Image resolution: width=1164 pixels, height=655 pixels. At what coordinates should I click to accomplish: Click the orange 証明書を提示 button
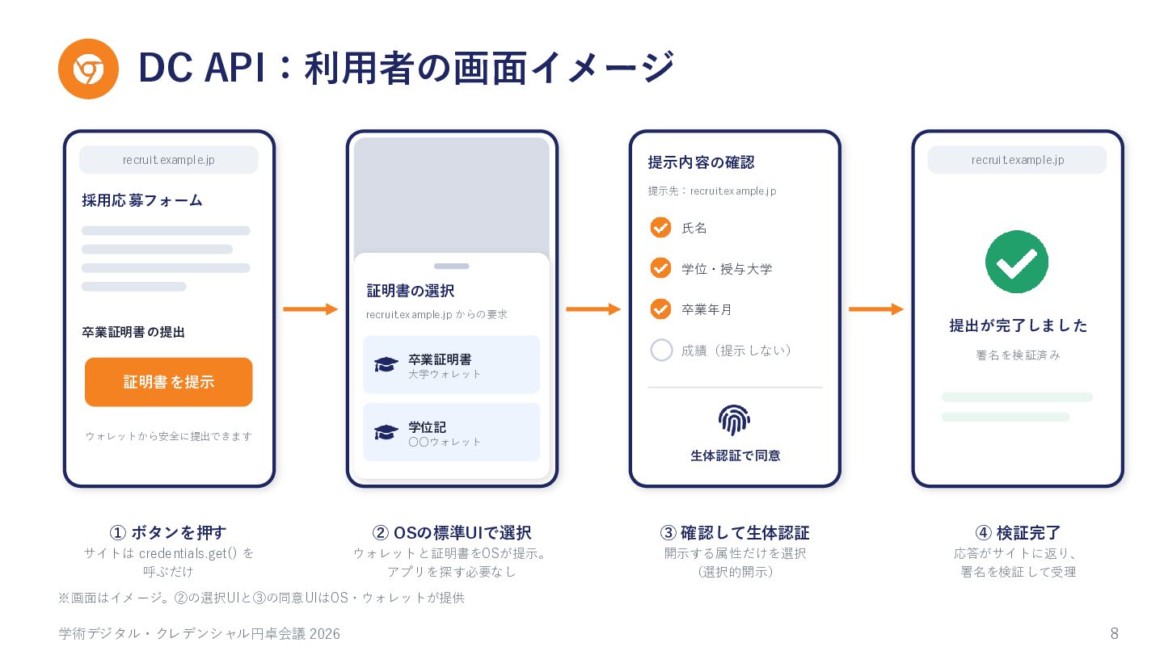[168, 382]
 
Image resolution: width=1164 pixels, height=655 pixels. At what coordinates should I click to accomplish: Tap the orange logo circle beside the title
[88, 69]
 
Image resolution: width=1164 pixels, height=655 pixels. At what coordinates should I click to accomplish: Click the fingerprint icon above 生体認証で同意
[734, 420]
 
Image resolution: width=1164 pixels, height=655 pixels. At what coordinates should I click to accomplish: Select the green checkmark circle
[1016, 262]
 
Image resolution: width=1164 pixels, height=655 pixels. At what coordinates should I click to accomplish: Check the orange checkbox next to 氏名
[660, 227]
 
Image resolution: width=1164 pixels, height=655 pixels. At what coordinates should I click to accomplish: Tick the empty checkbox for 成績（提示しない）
[661, 350]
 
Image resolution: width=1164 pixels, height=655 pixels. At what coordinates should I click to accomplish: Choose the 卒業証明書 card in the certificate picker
[451, 364]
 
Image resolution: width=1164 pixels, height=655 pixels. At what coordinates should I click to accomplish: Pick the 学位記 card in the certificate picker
[451, 432]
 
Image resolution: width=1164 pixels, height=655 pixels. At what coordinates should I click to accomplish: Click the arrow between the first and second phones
[310, 309]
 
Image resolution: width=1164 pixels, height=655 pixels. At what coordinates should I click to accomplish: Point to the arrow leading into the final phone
[876, 309]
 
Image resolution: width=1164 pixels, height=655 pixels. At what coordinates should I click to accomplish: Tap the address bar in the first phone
[168, 160]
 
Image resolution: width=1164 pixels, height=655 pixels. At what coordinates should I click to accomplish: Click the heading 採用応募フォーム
[142, 200]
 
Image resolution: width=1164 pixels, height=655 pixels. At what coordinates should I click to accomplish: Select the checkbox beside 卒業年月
[660, 309]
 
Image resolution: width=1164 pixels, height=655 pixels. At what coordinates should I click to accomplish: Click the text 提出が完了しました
[1018, 325]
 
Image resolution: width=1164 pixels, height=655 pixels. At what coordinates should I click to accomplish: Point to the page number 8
[1114, 633]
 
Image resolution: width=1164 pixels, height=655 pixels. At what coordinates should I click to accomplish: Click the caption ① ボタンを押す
[168, 532]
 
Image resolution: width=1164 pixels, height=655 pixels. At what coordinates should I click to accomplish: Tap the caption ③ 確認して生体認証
[734, 532]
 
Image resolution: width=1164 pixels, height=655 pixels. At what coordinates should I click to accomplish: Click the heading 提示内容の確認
[701, 162]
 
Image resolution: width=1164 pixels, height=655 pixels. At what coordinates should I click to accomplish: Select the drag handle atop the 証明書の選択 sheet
[452, 267]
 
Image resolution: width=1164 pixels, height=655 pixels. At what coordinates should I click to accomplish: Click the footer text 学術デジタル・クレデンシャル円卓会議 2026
[199, 634]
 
